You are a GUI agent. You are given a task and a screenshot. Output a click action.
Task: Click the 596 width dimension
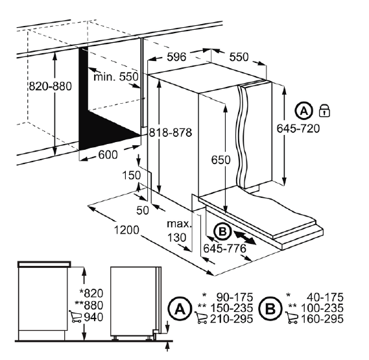176,57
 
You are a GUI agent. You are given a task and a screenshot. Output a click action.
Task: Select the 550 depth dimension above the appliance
239,57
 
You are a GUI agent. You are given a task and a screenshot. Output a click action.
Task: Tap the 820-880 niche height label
50,86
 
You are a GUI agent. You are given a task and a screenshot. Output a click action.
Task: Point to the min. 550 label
116,77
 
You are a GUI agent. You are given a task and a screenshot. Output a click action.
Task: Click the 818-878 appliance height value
171,133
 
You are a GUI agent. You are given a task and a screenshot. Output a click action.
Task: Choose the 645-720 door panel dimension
298,128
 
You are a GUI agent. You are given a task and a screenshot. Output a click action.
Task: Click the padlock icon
324,110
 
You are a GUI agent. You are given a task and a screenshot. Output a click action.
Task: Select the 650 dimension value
220,160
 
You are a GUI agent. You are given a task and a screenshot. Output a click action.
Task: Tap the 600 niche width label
108,155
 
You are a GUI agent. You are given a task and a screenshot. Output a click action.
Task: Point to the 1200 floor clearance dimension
126,230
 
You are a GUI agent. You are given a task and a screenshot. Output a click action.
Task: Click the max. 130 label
180,231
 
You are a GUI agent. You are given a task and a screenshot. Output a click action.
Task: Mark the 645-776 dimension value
225,248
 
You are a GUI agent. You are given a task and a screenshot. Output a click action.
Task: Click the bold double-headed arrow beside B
245,238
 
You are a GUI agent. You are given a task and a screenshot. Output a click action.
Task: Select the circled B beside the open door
222,232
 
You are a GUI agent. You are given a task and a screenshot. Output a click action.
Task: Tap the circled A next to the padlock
304,111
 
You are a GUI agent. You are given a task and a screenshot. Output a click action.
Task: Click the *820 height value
91,293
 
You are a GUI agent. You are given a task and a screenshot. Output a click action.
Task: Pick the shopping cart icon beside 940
75,316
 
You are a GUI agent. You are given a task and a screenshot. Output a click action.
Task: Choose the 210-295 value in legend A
232,319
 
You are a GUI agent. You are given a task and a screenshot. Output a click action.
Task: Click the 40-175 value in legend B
325,297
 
